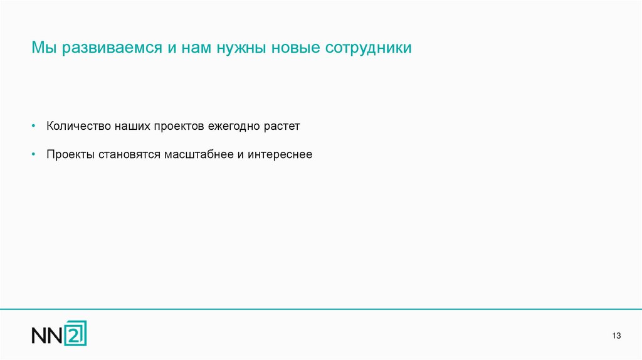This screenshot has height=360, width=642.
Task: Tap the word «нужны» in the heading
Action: tap(241, 48)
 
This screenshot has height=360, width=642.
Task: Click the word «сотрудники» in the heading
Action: tap(369, 48)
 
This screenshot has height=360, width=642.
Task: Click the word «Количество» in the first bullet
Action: tap(78, 126)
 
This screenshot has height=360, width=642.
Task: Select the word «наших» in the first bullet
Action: tap(132, 126)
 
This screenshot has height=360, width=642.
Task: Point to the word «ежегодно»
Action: tap(236, 126)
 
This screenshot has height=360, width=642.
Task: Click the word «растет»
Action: tap(283, 126)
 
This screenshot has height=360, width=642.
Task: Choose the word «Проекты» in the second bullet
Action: tap(70, 154)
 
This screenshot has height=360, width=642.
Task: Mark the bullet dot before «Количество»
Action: tap(34, 126)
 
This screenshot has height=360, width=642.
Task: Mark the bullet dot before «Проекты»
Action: tap(34, 154)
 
